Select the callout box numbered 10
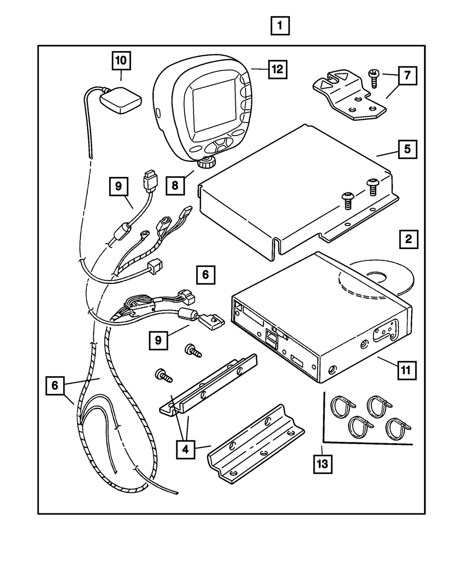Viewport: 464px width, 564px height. [121, 61]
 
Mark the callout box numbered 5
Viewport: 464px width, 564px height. [406, 150]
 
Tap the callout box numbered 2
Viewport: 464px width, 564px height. [408, 240]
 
